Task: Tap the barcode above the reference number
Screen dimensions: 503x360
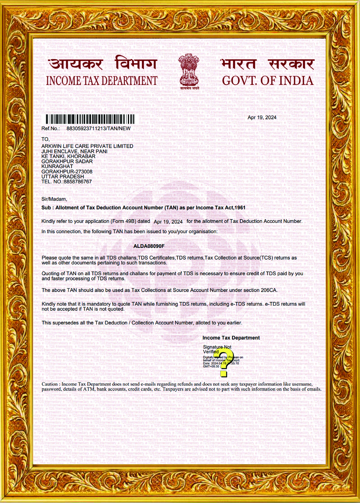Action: pyautogui.click(x=90, y=119)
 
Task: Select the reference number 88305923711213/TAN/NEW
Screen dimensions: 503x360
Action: pyautogui.click(x=98, y=129)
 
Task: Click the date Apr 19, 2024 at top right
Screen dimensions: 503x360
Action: pyautogui.click(x=262, y=117)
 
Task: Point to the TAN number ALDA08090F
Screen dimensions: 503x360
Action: pyautogui.click(x=149, y=246)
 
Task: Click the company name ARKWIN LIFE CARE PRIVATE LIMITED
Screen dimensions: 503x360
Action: pyautogui.click(x=87, y=146)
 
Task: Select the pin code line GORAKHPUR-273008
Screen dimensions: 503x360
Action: pyautogui.click(x=67, y=172)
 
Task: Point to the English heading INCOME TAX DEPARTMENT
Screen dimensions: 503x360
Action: pyautogui.click(x=102, y=81)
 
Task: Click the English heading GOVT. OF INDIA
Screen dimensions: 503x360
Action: pyautogui.click(x=268, y=81)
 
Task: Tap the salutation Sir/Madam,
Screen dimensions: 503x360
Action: pyautogui.click(x=54, y=199)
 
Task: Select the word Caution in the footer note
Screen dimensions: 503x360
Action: pyautogui.click(x=49, y=384)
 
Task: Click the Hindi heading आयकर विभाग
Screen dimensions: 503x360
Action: pyautogui.click(x=102, y=64)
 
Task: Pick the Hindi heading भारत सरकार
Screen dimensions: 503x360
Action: pyautogui.click(x=267, y=64)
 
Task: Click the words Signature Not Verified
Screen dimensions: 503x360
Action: pyautogui.click(x=217, y=349)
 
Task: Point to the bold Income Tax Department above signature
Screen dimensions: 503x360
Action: pyautogui.click(x=231, y=338)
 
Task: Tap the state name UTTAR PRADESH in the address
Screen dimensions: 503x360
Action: pyautogui.click(x=63, y=177)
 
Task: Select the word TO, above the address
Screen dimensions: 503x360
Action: pyautogui.click(x=45, y=139)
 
